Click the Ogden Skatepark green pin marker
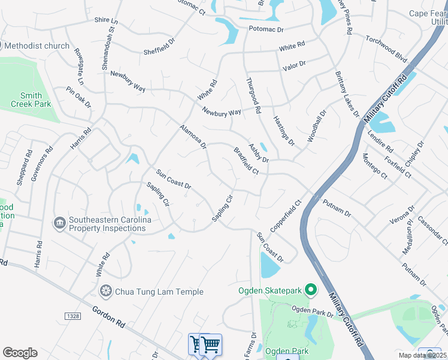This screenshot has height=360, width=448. click(310, 291)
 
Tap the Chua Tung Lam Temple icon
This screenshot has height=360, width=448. click(106, 291)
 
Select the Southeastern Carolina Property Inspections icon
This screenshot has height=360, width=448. click(59, 224)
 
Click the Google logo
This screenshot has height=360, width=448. click(20, 352)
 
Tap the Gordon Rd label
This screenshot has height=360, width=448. click(108, 316)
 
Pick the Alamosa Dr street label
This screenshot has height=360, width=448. click(193, 136)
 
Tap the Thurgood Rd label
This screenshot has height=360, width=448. click(253, 95)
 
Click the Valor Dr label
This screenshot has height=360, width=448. click(294, 64)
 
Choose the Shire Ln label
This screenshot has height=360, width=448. click(106, 20)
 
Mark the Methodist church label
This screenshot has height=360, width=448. click(40, 46)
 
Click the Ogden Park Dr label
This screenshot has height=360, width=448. click(312, 311)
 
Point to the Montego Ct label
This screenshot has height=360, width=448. click(374, 165)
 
